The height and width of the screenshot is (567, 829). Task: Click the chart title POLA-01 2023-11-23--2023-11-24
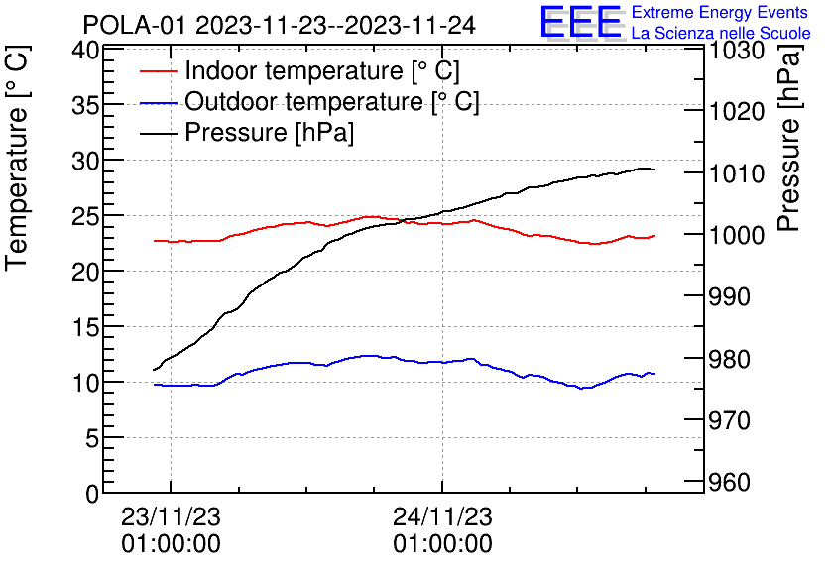279,24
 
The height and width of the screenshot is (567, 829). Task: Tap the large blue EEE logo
580,22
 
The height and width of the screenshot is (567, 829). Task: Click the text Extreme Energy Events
721,13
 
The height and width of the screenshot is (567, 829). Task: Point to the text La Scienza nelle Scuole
721,34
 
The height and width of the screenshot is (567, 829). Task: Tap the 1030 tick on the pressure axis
739,50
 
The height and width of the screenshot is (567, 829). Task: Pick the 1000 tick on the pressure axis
739,235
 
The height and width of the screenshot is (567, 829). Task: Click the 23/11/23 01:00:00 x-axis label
171,530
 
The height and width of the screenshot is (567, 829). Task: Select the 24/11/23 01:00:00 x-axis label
442,530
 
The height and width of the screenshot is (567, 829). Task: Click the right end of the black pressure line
654,170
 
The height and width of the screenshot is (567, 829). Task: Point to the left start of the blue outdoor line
155,385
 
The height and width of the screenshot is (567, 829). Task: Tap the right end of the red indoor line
654,236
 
